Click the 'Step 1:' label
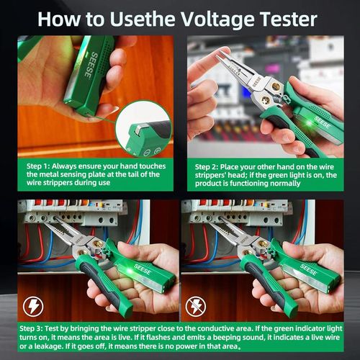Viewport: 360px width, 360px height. pyautogui.click(x=42, y=165)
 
